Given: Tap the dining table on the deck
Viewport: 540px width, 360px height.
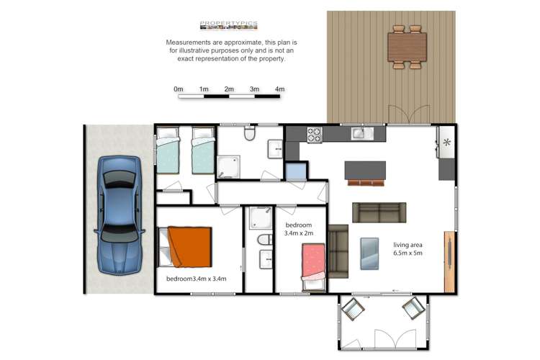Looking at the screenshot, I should [x=407, y=48].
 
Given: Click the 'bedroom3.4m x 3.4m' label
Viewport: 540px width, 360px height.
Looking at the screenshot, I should [x=197, y=279].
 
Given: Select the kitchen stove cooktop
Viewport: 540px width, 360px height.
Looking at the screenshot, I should [x=315, y=134].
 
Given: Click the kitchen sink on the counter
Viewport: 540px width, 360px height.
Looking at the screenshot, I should [x=359, y=133].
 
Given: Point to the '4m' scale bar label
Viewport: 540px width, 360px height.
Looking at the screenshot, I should [x=279, y=89].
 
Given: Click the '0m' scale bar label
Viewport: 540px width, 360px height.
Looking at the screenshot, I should [x=178, y=89].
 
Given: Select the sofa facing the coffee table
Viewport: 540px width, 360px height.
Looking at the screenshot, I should [x=379, y=212].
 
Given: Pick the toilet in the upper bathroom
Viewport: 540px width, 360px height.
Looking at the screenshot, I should [x=249, y=134].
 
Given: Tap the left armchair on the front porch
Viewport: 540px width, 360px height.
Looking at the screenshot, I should [x=353, y=310].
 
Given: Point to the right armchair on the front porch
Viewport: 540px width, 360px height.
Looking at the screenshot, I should [x=413, y=310].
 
